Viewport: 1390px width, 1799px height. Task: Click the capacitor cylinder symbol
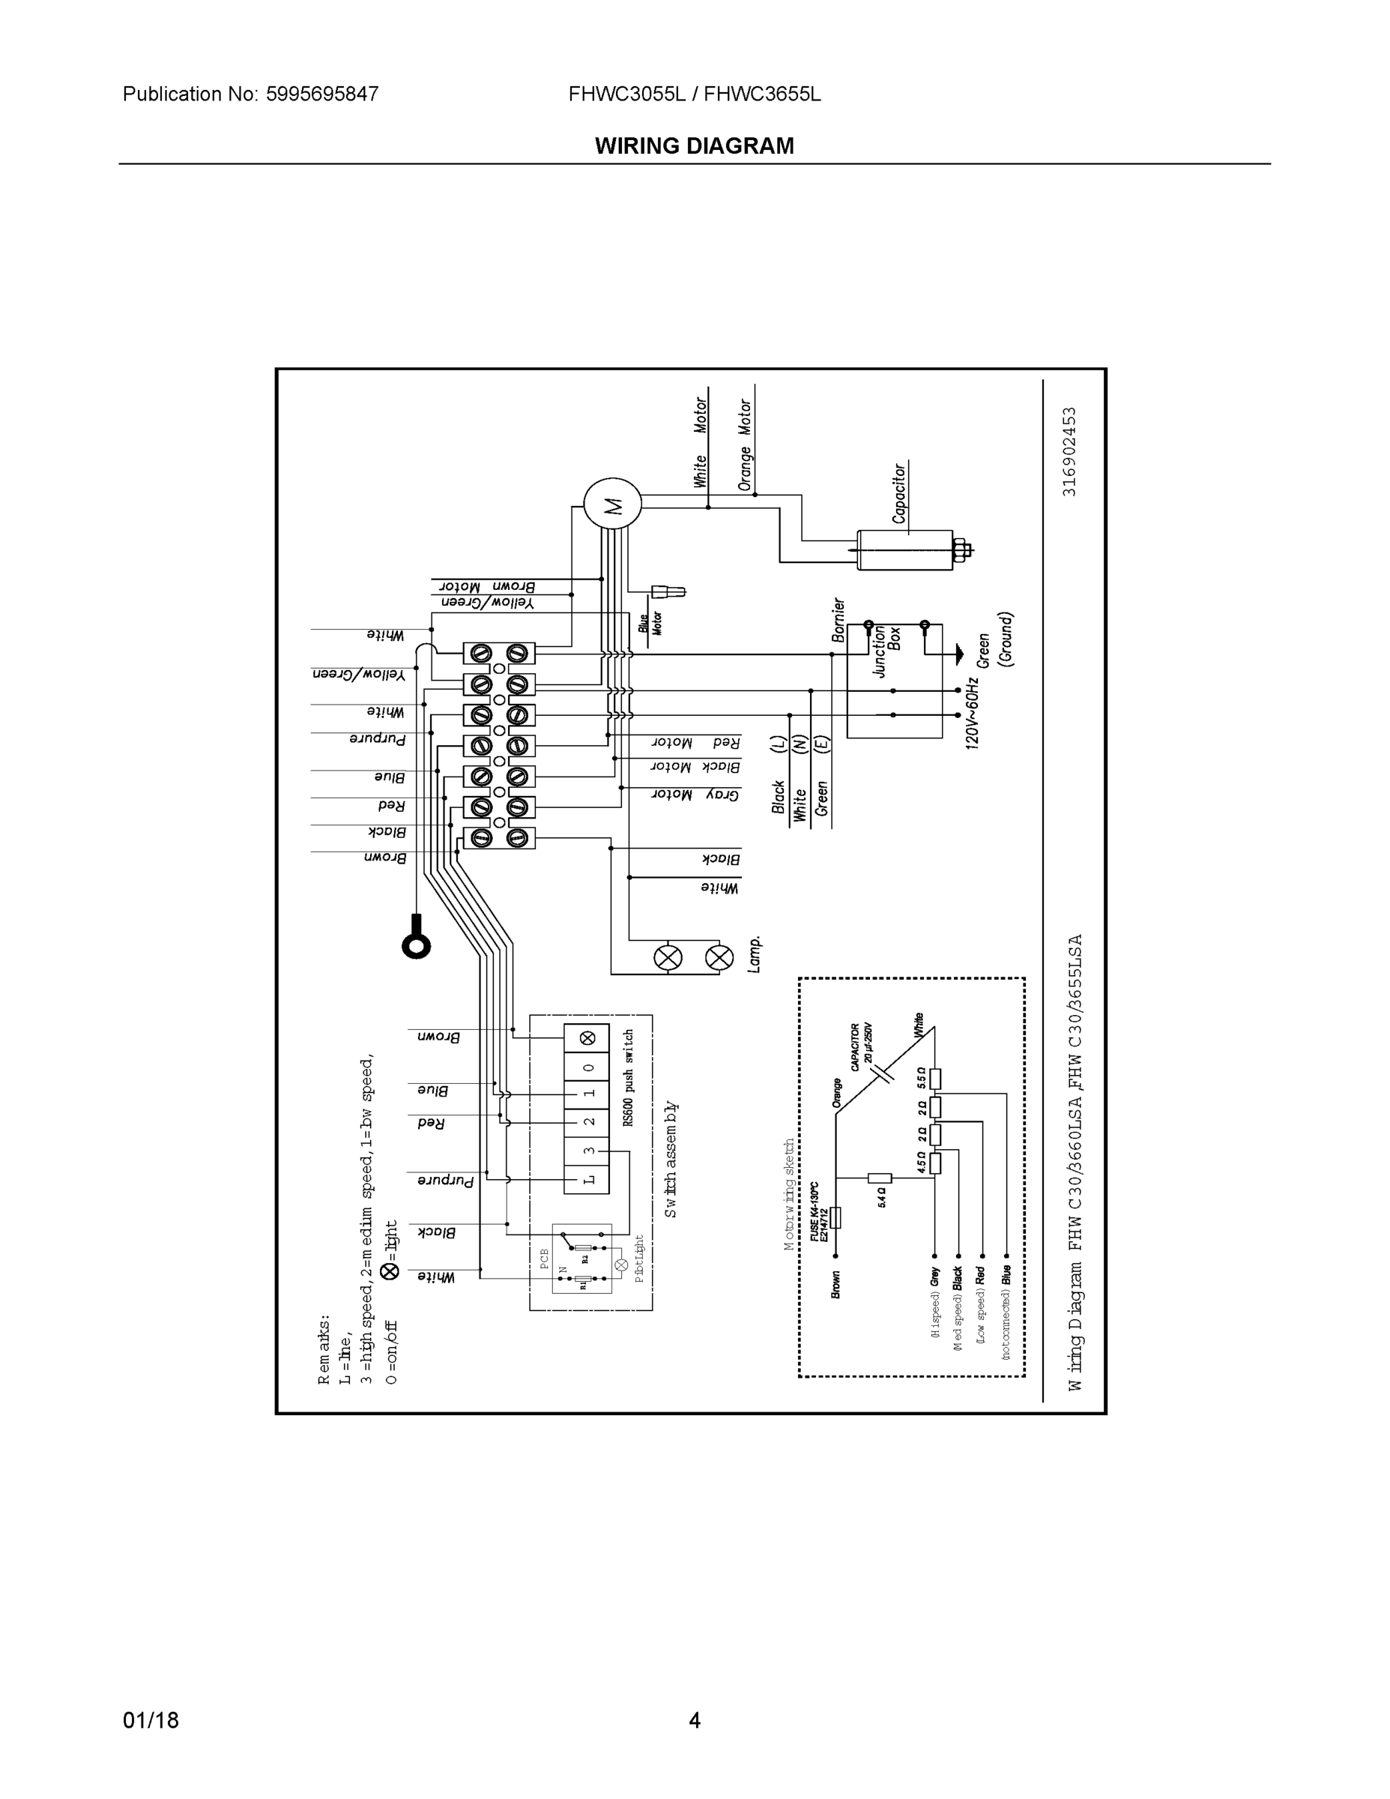(904, 549)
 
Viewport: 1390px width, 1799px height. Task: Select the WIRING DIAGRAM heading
(694, 146)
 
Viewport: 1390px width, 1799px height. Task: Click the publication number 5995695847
(322, 94)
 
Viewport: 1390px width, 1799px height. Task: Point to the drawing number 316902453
(1069, 450)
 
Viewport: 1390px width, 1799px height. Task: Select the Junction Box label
(887, 650)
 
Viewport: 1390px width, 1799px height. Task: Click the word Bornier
(838, 619)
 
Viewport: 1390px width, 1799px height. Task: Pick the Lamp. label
(755, 954)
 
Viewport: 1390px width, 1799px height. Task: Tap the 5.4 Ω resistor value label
(882, 1197)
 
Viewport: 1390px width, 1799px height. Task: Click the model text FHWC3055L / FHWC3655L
(694, 94)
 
